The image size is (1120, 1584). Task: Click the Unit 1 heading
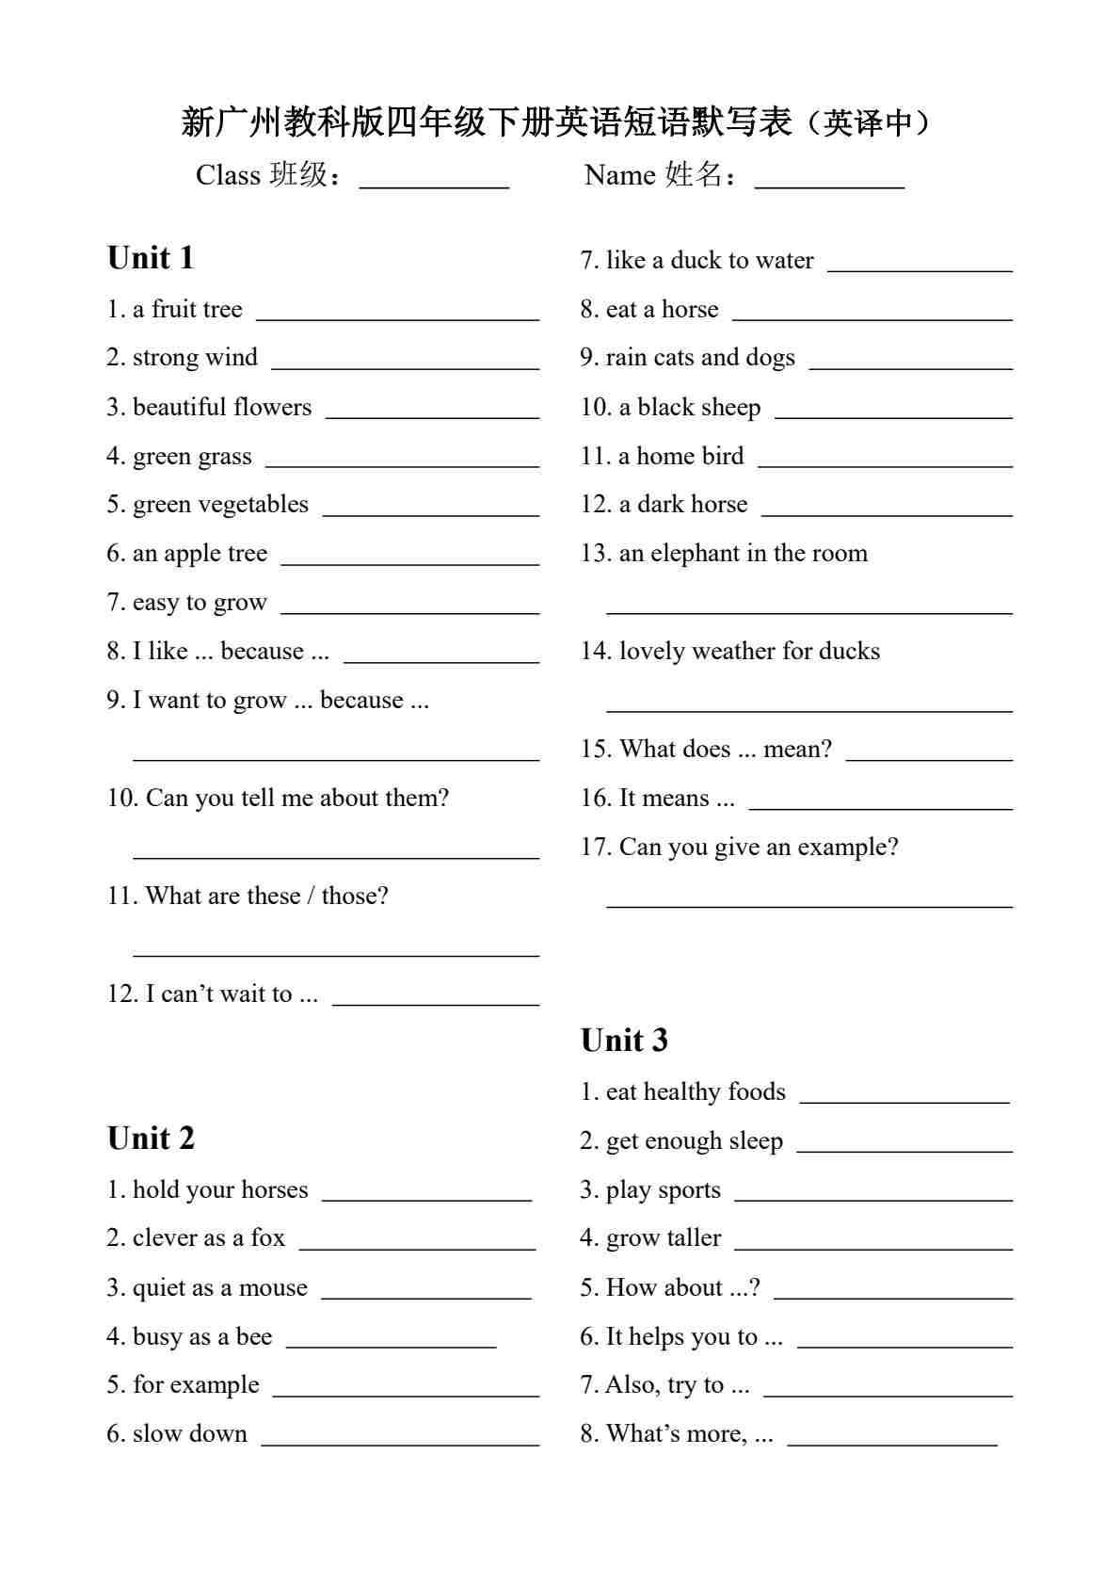(x=151, y=258)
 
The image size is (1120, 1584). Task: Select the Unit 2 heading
(x=151, y=1139)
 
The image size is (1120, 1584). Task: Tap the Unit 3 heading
(x=624, y=1041)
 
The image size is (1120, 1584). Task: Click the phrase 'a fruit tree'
(x=187, y=309)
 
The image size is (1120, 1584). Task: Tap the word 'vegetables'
(x=259, y=505)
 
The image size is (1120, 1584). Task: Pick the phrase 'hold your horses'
(x=220, y=1189)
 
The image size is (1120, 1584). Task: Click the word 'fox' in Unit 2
(x=267, y=1238)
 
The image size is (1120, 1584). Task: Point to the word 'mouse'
(x=273, y=1287)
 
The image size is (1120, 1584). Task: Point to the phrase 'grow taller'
(x=664, y=1238)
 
